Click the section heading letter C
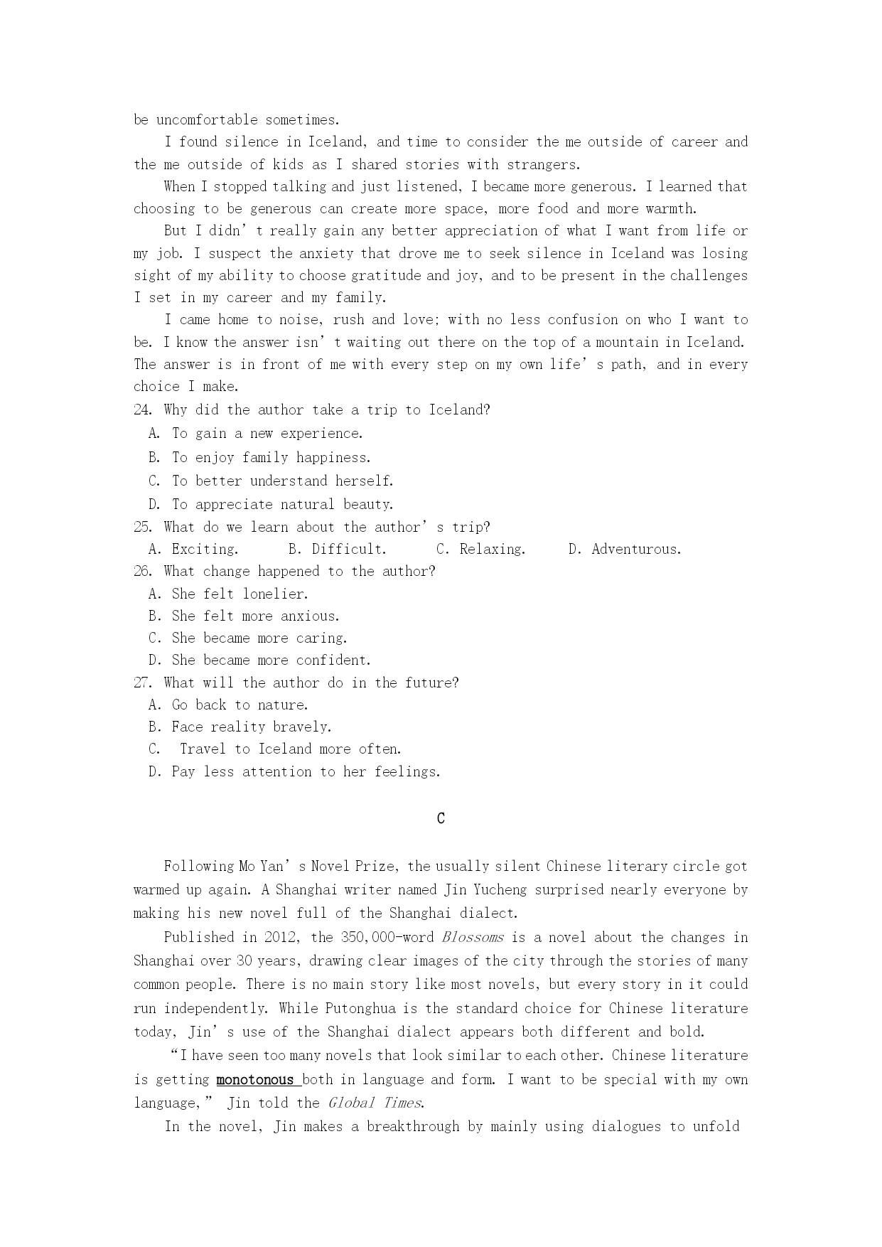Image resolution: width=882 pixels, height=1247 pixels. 441,818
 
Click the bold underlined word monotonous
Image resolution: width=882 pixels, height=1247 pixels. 255,1080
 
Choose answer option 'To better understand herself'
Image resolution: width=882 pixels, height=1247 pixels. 282,481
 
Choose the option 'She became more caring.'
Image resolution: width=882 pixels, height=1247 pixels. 259,638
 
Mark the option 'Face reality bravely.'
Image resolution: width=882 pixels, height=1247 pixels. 252,727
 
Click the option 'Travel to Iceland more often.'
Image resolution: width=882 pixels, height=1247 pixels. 290,749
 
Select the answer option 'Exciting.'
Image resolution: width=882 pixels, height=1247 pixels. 205,550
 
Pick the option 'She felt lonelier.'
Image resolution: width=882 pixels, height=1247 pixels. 240,594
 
